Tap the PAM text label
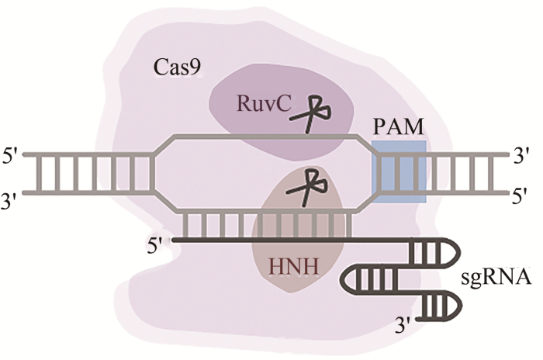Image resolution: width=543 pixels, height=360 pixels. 397,124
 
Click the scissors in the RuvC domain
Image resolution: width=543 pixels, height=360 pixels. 313,113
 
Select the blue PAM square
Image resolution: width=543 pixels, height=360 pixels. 399,171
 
